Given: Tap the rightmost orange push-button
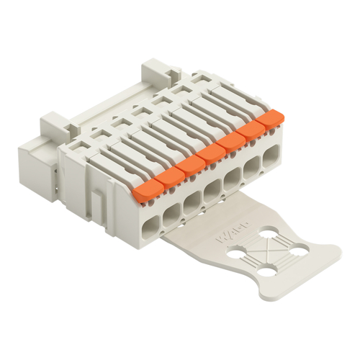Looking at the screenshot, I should point(271,117).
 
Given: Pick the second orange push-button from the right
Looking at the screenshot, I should point(253,128).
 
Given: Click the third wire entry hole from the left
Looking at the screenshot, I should point(192,200).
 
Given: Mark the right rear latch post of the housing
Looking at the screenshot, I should point(155,71).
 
